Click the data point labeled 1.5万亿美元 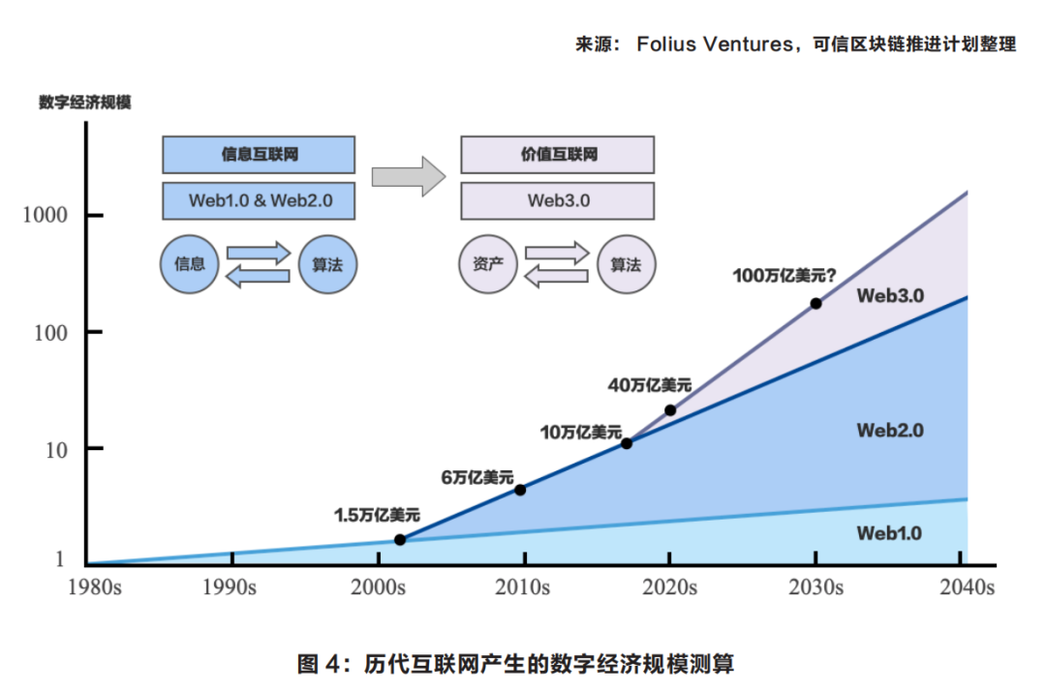[400, 540]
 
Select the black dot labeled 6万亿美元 [520, 490]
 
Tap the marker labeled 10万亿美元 [627, 443]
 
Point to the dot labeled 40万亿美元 [670, 410]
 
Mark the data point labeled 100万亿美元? [815, 304]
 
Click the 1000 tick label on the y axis [46, 216]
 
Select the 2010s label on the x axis [524, 587]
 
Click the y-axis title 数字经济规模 [84, 103]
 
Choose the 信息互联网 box [258, 155]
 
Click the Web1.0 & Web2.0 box [258, 200]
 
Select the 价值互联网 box [557, 155]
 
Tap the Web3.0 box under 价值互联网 [557, 200]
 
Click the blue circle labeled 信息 [189, 263]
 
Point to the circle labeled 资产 [487, 263]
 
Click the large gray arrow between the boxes [408, 176]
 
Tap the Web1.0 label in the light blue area [889, 533]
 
